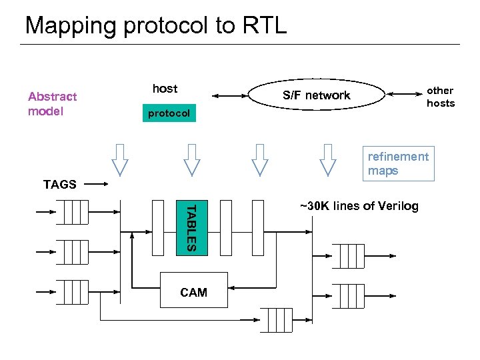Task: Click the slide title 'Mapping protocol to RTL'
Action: pyautogui.click(x=155, y=25)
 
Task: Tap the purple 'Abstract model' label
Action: pyautogui.click(x=52, y=104)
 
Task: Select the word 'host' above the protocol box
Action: pyautogui.click(x=165, y=89)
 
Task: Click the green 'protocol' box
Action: pyautogui.click(x=169, y=113)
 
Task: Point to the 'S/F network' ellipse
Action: pyautogui.click(x=316, y=95)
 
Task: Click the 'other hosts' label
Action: pyautogui.click(x=440, y=97)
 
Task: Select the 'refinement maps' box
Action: pyautogui.click(x=399, y=163)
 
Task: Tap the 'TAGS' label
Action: pyautogui.click(x=59, y=185)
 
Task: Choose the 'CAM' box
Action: pyautogui.click(x=193, y=292)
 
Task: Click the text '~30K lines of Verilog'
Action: pyautogui.click(x=359, y=206)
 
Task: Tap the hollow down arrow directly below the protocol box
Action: pyautogui.click(x=192, y=160)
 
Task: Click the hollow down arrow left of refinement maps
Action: pyautogui.click(x=327, y=160)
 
